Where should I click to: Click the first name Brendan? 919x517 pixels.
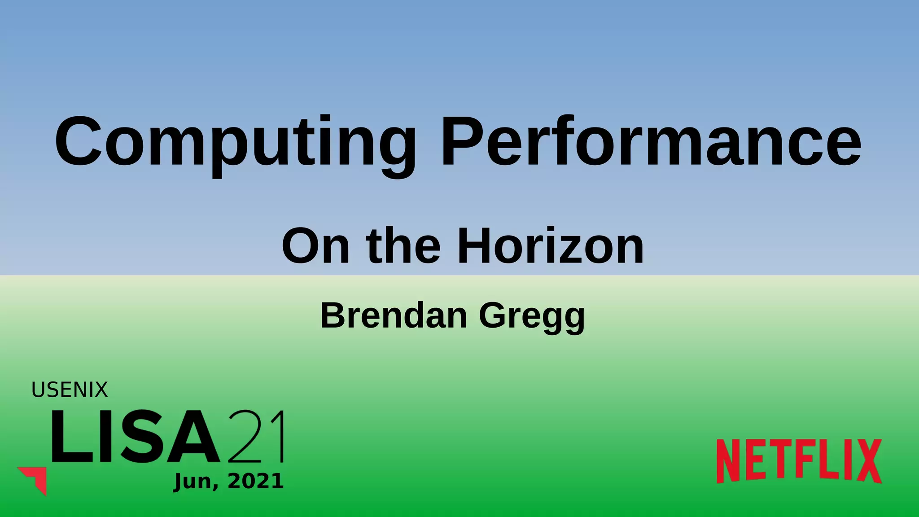coord(394,315)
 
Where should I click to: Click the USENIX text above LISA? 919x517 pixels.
coord(70,390)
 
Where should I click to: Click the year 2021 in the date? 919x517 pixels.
coord(256,482)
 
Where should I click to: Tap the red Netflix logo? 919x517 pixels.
coord(799,461)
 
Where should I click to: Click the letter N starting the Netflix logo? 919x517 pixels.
coord(728,461)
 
